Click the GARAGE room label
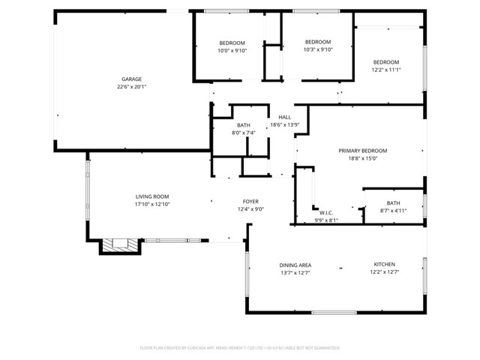click(x=132, y=79)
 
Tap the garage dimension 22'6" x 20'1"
click(x=132, y=87)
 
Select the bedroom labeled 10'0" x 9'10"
click(x=232, y=50)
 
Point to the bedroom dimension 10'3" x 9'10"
click(x=317, y=49)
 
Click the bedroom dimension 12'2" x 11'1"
click(x=386, y=70)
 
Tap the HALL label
click(x=285, y=117)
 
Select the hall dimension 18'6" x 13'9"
click(x=285, y=124)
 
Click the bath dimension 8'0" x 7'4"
click(x=244, y=133)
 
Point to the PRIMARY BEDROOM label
click(x=362, y=151)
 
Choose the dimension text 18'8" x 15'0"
click(x=362, y=158)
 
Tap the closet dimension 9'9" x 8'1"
click(x=325, y=220)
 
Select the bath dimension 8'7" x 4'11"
click(x=393, y=211)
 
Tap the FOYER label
click(x=250, y=201)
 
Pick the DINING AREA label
click(x=295, y=265)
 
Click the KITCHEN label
click(x=385, y=264)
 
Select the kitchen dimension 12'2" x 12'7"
click(x=385, y=272)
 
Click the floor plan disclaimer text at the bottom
click(x=240, y=348)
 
